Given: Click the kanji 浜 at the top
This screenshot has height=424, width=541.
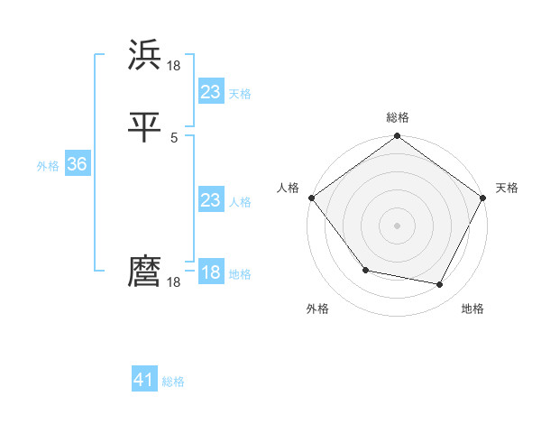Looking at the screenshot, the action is click(x=145, y=55).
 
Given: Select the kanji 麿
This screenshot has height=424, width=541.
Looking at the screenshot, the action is click(x=145, y=272).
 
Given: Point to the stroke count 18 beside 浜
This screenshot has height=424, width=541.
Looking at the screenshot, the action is click(x=174, y=66).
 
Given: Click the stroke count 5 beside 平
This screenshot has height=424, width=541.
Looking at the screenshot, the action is click(x=174, y=138).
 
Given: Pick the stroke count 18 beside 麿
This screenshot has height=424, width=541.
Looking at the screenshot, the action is click(x=174, y=282).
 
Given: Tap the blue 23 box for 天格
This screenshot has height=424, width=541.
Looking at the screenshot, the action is click(x=210, y=91).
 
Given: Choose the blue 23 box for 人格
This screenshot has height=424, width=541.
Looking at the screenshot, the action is click(x=210, y=200).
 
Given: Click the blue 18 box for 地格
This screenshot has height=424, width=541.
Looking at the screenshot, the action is click(x=210, y=272).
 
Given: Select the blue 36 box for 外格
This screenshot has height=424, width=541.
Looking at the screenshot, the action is click(x=77, y=164).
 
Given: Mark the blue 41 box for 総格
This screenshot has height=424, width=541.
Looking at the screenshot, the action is click(x=144, y=380).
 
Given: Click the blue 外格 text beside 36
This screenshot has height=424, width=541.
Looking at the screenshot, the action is click(x=48, y=166).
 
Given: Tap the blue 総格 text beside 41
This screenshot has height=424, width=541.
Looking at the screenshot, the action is click(x=173, y=382).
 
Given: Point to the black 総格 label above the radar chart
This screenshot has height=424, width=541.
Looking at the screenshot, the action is click(x=398, y=117).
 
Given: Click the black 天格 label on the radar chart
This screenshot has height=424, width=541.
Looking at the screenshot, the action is click(x=508, y=188).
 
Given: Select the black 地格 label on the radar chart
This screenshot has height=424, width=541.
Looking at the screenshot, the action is click(x=472, y=309).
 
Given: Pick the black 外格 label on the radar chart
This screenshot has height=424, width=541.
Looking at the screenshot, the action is click(x=317, y=309).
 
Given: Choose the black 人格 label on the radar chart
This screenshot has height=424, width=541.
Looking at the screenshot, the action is click(x=288, y=188).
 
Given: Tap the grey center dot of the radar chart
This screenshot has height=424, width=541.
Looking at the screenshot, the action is click(x=397, y=226).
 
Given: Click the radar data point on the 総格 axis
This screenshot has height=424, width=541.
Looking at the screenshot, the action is click(x=397, y=137).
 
